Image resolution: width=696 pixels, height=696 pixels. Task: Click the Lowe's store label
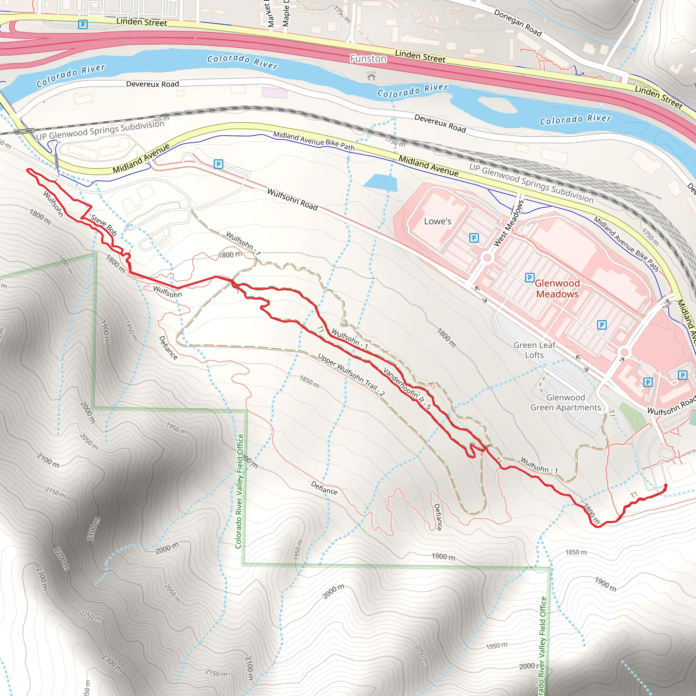[x=437, y=221]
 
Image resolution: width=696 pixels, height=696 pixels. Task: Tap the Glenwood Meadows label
[x=557, y=289]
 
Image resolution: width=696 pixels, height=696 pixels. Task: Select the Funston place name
[x=368, y=58]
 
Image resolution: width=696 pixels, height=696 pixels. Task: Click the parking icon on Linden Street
[x=83, y=24]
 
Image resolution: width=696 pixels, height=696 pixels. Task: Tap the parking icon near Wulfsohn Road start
[x=218, y=164]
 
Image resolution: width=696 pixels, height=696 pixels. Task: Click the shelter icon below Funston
[x=371, y=76]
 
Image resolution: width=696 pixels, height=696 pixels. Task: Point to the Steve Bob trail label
[x=104, y=225]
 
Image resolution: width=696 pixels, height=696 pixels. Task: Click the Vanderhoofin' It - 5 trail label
[x=407, y=388]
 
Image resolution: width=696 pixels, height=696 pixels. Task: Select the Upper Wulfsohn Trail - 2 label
[x=351, y=375]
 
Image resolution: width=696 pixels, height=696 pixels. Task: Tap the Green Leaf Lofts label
[x=534, y=350]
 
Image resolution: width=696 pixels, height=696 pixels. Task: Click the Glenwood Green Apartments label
[x=565, y=402]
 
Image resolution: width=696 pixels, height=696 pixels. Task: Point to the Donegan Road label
[x=518, y=23]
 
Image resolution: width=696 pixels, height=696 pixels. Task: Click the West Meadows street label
[x=508, y=224]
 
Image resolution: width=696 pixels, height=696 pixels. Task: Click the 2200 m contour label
[x=62, y=559]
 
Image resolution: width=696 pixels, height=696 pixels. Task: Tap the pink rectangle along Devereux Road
[x=275, y=92]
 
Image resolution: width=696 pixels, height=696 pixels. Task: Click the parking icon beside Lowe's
[x=474, y=238]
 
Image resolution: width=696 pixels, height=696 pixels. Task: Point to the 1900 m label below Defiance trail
[x=443, y=557]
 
